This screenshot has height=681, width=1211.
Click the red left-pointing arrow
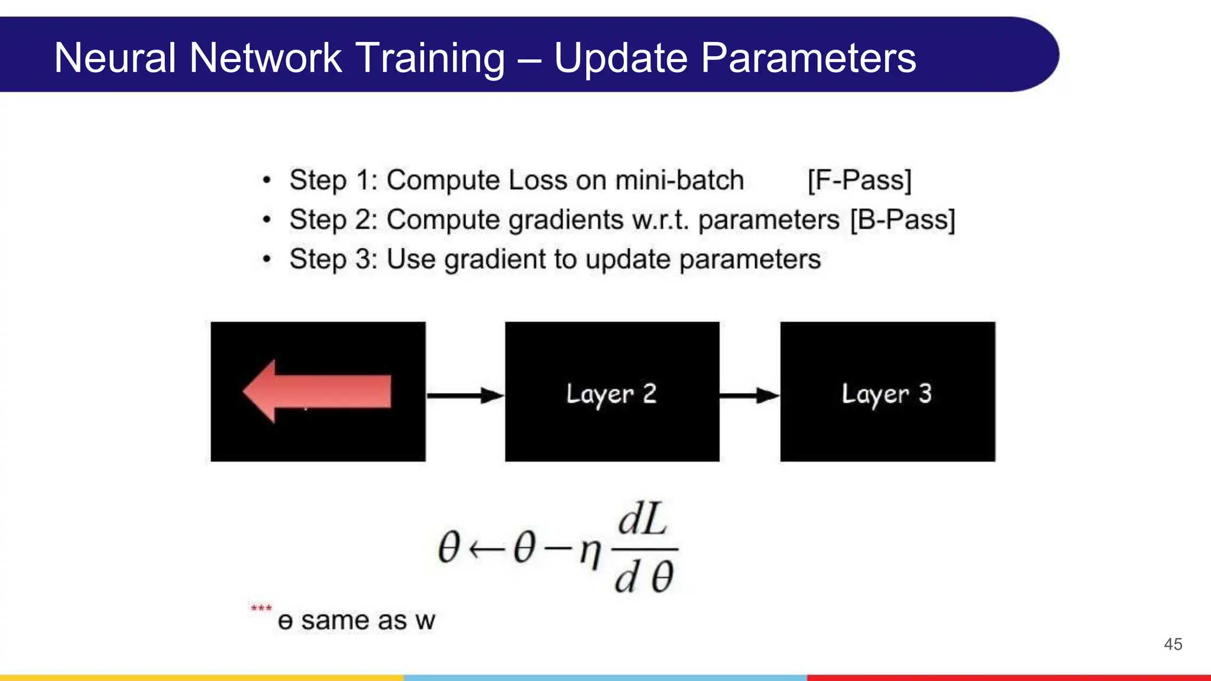[x=318, y=391]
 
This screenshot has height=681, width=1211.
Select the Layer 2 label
[x=611, y=394]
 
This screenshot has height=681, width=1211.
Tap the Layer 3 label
[x=886, y=394]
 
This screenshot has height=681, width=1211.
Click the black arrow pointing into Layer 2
[x=465, y=395]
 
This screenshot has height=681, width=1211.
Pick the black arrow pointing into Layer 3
[x=749, y=395]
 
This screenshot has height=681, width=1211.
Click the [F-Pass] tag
[x=859, y=180]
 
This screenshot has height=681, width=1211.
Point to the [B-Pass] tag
[x=902, y=220]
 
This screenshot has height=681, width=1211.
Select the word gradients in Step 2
[x=566, y=220]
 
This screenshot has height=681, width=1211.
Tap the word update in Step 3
[x=627, y=260]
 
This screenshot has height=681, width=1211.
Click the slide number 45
[x=1173, y=644]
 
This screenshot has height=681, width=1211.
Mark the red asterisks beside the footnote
[x=261, y=608]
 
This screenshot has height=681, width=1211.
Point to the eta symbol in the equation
[x=590, y=551]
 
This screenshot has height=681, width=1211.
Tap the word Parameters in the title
[x=808, y=58]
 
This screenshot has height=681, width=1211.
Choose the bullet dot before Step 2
[x=267, y=220]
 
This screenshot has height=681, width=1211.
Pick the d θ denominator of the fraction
[x=643, y=577]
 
